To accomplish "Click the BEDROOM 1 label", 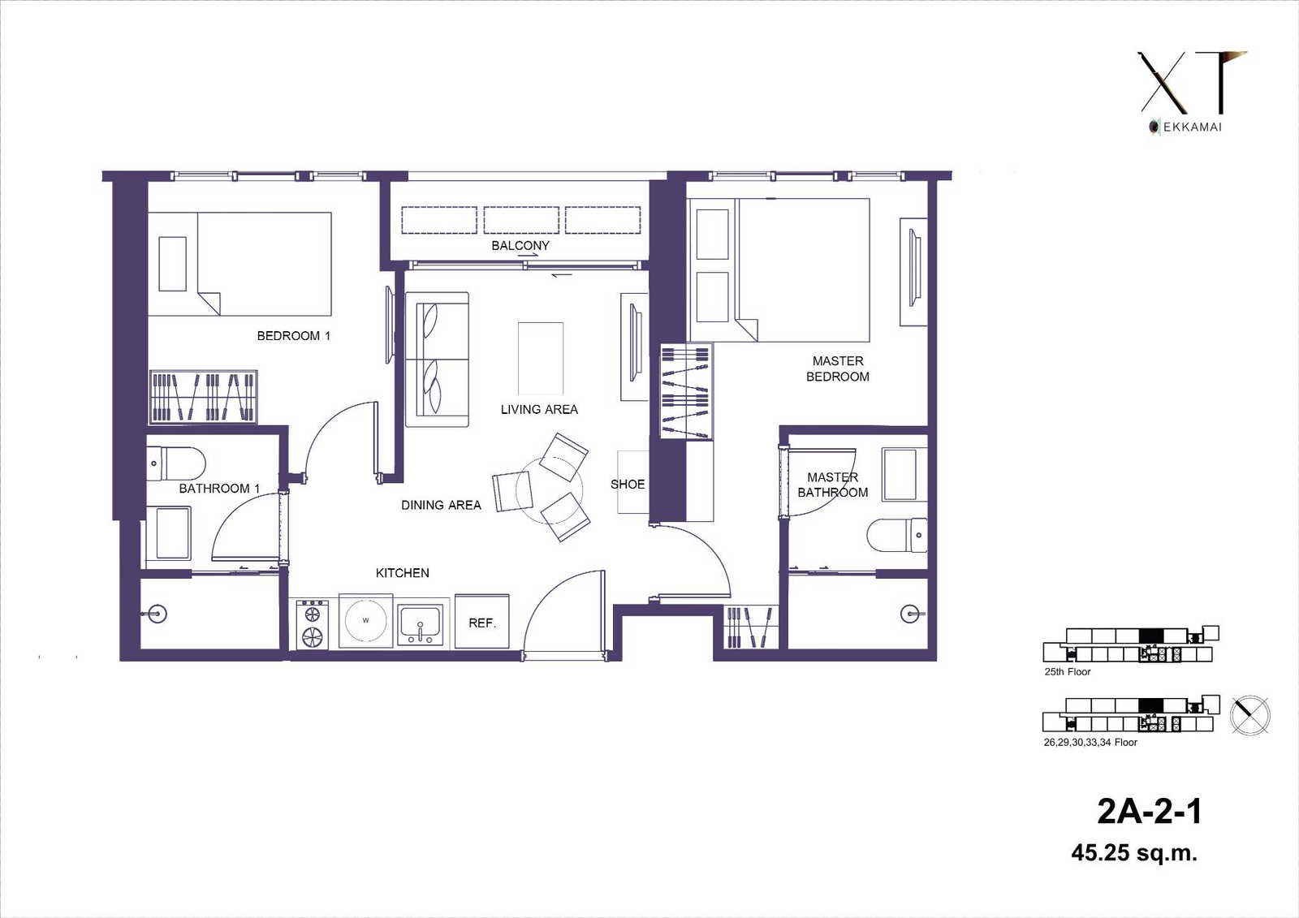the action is [x=293, y=336].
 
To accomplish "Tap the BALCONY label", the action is [x=520, y=245].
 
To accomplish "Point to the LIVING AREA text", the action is [x=539, y=409].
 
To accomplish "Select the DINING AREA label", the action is [x=442, y=505].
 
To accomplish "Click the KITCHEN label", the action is [x=403, y=573].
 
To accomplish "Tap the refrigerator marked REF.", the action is [x=482, y=621].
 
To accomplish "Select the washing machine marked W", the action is [x=365, y=621].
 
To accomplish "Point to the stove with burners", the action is [x=313, y=624].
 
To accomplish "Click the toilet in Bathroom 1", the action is [x=175, y=464].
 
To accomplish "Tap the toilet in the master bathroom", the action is [x=897, y=535].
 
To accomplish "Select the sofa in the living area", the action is [x=437, y=360].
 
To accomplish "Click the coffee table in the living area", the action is [x=541, y=359].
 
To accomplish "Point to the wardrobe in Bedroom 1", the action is [x=203, y=397].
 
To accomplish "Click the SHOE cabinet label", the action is [x=628, y=485].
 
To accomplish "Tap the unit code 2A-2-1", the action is [x=1149, y=812].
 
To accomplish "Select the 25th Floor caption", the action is [x=1068, y=671].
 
